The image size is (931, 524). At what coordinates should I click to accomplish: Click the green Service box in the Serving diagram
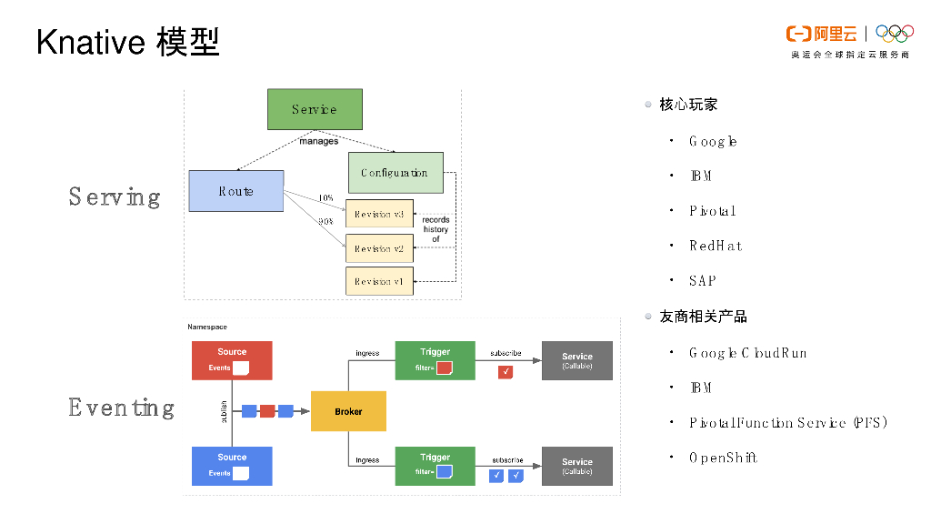coord(315,109)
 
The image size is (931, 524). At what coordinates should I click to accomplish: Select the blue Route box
coord(235,191)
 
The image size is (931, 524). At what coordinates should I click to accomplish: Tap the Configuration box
coord(395,173)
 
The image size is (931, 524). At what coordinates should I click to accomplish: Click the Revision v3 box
coord(379,214)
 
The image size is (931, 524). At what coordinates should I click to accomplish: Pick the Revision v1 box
coord(379,281)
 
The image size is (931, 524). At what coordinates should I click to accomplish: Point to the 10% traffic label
coord(325,198)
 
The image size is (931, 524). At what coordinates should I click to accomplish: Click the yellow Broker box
coord(348,411)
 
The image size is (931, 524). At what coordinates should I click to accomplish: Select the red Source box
coord(232,360)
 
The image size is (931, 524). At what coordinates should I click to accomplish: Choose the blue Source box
coord(232,465)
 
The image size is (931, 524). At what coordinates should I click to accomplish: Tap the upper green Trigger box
coord(435,360)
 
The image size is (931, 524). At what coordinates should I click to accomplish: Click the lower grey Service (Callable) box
coord(576,466)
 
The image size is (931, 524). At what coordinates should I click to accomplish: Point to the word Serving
coord(115,196)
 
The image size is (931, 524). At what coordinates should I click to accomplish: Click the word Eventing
coord(121,407)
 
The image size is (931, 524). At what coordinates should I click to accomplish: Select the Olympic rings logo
coord(895,34)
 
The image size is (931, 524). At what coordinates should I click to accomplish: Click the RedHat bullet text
coord(716,246)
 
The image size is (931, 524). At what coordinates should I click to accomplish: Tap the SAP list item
coord(703,281)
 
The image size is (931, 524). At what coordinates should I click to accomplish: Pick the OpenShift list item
coord(723,458)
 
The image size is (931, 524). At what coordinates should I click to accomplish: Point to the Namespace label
coord(207,327)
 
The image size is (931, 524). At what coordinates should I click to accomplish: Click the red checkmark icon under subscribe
coord(506,370)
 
